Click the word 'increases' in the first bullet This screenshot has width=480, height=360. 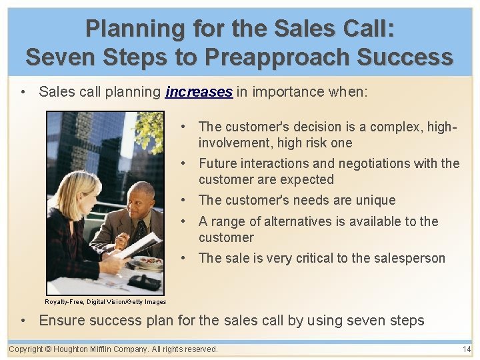[199, 91]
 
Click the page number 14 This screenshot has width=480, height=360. [466, 349]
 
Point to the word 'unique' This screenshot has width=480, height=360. [375, 200]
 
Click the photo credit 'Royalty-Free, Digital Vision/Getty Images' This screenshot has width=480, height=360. [106, 302]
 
